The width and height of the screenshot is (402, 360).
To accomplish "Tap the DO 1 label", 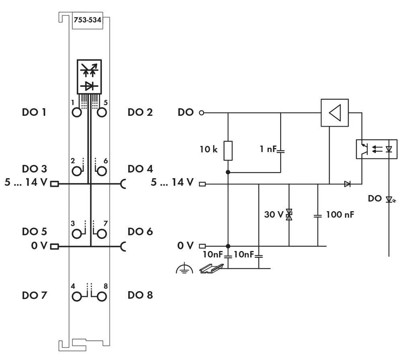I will click(34, 113).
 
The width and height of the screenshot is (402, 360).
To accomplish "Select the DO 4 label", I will click(140, 169).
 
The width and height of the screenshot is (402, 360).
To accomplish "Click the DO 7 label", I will click(34, 296).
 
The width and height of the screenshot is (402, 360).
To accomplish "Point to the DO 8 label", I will click(140, 296).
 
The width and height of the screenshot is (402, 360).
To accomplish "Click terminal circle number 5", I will click(102, 113).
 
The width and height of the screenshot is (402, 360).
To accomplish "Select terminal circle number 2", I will click(76, 171).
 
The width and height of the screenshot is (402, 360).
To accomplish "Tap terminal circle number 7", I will click(102, 234).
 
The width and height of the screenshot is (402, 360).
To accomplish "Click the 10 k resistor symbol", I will click(228, 150).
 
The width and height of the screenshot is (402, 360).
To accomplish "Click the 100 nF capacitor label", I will click(340, 215).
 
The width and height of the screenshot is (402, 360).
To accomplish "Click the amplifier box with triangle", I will click(334, 113).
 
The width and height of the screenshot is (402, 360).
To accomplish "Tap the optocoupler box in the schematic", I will click(377, 149).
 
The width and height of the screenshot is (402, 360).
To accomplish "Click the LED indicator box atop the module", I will click(89, 76).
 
